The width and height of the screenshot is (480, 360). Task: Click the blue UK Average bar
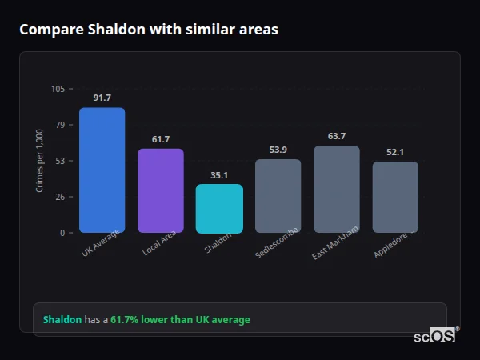[x=102, y=170]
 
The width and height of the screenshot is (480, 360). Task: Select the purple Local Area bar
[x=161, y=190]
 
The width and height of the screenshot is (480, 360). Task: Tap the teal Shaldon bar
[x=219, y=208]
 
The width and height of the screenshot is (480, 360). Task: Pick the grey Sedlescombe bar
[x=278, y=195]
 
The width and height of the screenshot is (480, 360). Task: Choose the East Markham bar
[x=337, y=189]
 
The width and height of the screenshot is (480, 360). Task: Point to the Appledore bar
[x=395, y=197]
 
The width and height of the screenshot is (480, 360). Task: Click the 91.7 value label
[x=102, y=98]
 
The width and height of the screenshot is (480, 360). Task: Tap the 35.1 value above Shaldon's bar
[x=219, y=175]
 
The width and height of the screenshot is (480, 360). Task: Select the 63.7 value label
[x=337, y=136]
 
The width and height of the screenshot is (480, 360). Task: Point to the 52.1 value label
[x=395, y=152]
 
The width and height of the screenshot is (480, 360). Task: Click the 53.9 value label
[x=278, y=150]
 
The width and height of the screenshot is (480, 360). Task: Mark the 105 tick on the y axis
[x=58, y=89]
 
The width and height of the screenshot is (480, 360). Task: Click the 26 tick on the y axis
[x=60, y=197]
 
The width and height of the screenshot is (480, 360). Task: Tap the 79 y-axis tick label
[x=60, y=125]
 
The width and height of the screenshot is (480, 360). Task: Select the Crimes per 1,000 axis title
[x=40, y=160]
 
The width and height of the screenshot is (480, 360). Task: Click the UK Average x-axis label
[x=100, y=244]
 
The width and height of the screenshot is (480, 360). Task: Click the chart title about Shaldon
[x=149, y=30]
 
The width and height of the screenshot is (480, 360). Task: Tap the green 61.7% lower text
[x=180, y=319]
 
